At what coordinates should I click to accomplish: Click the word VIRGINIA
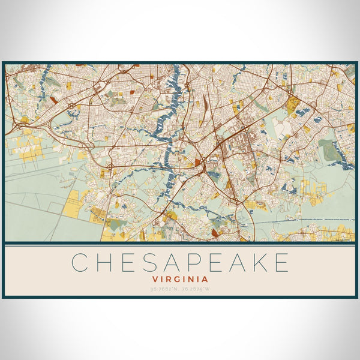pos(180,279)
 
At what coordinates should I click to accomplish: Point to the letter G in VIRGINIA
pos(180,279)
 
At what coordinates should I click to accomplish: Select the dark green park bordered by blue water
pos(329,150)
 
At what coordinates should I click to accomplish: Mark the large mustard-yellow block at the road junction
pos(292,107)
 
